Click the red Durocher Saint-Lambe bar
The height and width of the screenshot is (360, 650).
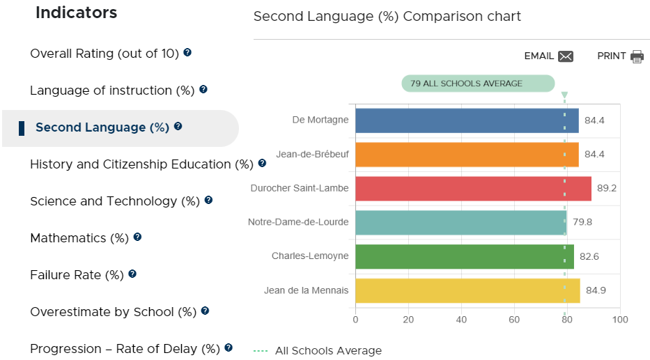pos(474,189)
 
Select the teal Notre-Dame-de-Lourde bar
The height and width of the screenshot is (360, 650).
pos(461,222)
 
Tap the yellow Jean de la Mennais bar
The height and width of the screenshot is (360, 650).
pos(467,290)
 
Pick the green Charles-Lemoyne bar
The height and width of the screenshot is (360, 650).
pos(465,256)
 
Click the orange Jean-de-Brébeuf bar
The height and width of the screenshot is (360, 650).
pos(467,155)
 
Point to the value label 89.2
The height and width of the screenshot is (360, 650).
pos(607,188)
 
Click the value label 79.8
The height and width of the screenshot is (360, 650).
pos(582,222)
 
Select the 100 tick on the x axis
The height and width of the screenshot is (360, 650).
pos(620,320)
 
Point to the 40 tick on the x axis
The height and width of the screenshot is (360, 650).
pos(461,320)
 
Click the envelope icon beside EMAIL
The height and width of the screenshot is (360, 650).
pos(566,56)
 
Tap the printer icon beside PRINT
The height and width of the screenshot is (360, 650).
pos(637,56)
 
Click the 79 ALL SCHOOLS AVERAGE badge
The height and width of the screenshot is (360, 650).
pos(478,84)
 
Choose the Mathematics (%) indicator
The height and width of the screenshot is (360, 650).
pos(79,238)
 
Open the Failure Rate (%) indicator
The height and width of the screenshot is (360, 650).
pos(77,275)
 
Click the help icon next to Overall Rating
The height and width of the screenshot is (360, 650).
pos(187,53)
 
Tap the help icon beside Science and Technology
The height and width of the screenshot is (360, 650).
pos(208,200)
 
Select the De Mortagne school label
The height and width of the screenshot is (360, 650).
pos(320,120)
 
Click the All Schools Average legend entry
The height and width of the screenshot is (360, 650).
pos(318,350)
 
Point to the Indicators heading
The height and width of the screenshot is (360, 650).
pos(76,13)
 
